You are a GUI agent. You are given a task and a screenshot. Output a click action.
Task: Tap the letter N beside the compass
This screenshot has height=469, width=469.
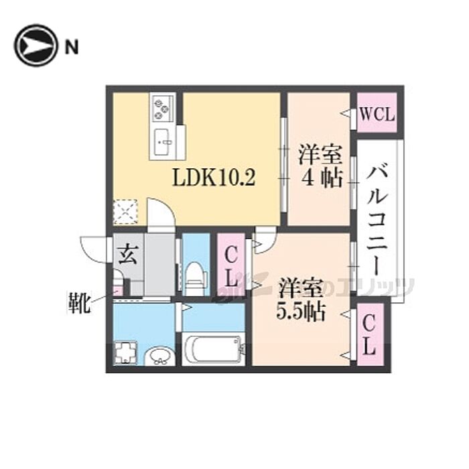(x=71, y=46)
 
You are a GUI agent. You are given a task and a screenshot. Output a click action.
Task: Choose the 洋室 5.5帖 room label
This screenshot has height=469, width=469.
(x=301, y=301)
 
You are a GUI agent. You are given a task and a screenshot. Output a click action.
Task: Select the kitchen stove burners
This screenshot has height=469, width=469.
(x=163, y=105)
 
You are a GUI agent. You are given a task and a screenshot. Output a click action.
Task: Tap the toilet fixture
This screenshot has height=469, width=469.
(x=196, y=277)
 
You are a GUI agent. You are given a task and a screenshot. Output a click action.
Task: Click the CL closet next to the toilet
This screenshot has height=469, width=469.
(x=230, y=265)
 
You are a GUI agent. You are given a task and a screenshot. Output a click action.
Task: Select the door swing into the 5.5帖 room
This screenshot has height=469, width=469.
(x=263, y=240)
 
